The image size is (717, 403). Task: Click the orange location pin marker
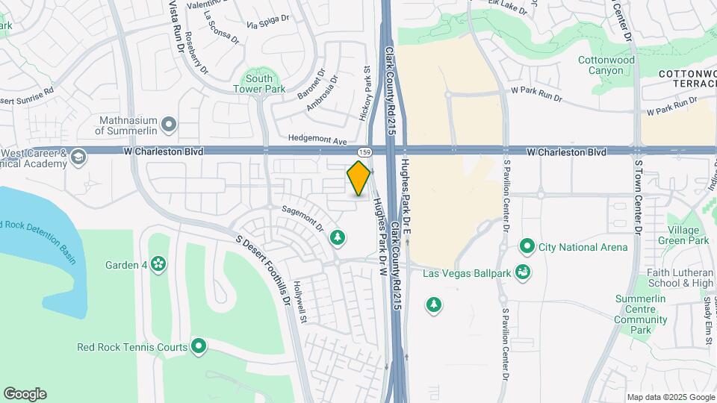(359, 178)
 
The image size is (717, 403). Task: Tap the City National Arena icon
(527, 247)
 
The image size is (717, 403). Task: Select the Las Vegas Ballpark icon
(524, 272)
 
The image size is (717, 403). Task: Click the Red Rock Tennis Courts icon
(199, 346)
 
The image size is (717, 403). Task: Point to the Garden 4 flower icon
(158, 264)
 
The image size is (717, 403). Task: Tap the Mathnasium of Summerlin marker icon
(170, 124)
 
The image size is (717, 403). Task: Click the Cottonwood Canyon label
(606, 65)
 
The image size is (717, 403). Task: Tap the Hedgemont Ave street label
(319, 140)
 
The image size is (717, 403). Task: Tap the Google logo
(25, 394)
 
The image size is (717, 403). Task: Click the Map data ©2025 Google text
(671, 397)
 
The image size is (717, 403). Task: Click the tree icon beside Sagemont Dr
(338, 237)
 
